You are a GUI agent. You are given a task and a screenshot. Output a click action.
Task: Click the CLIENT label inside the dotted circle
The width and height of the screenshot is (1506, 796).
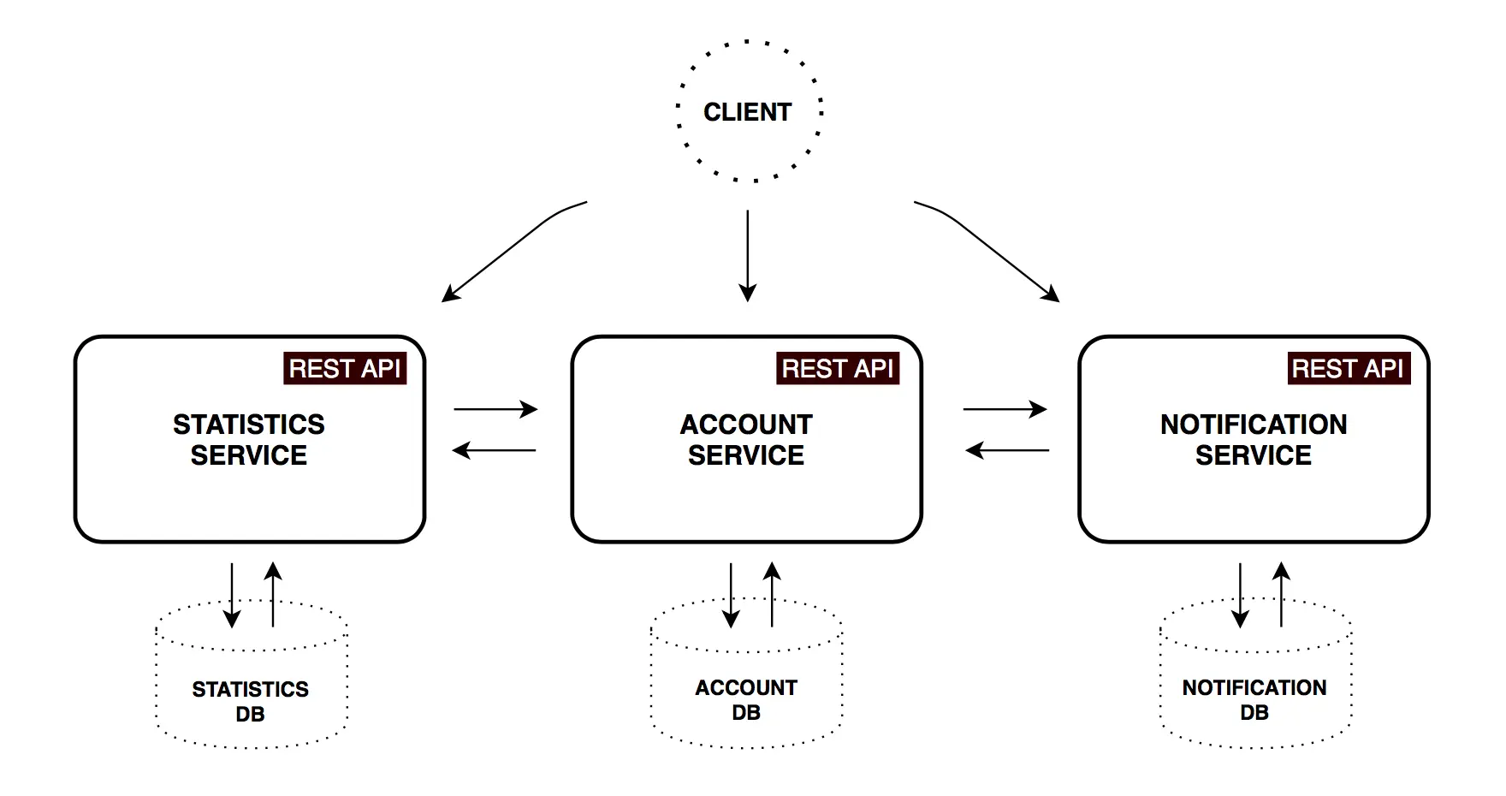(x=747, y=112)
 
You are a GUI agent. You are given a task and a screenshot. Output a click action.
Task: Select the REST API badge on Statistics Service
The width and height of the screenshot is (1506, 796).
(x=345, y=369)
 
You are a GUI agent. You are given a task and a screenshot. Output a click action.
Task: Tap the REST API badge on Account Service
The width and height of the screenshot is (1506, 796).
(x=838, y=369)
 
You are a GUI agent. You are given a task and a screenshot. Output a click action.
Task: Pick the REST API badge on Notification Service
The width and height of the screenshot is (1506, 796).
(x=1348, y=369)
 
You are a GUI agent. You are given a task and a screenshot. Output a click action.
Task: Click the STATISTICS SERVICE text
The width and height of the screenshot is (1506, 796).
(x=249, y=440)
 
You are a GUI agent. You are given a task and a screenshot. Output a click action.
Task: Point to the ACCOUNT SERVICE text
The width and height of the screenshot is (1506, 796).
(x=746, y=440)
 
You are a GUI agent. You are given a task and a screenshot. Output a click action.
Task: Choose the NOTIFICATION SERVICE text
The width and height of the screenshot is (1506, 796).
(x=1254, y=440)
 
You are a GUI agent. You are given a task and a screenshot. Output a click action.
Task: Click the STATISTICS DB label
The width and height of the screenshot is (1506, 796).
(x=250, y=701)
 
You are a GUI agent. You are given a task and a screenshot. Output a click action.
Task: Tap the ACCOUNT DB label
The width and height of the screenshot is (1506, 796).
(x=746, y=699)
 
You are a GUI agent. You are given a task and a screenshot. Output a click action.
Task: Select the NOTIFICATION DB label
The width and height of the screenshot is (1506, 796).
(x=1254, y=699)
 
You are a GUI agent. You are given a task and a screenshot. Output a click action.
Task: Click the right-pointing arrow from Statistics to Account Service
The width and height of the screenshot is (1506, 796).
(x=495, y=409)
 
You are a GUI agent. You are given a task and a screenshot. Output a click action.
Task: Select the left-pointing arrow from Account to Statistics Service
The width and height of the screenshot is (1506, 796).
(x=495, y=450)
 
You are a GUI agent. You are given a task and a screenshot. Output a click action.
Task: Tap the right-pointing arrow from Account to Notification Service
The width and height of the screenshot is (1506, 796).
(x=1005, y=409)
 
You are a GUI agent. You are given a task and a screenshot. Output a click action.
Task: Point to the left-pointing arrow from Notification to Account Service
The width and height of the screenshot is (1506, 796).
(x=1007, y=450)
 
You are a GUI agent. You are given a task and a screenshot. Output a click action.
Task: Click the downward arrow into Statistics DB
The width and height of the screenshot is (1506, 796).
(x=232, y=596)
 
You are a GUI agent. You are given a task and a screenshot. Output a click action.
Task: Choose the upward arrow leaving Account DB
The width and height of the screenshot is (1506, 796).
(x=772, y=594)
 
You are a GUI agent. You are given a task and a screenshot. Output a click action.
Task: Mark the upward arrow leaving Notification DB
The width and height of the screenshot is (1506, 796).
(x=1281, y=594)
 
